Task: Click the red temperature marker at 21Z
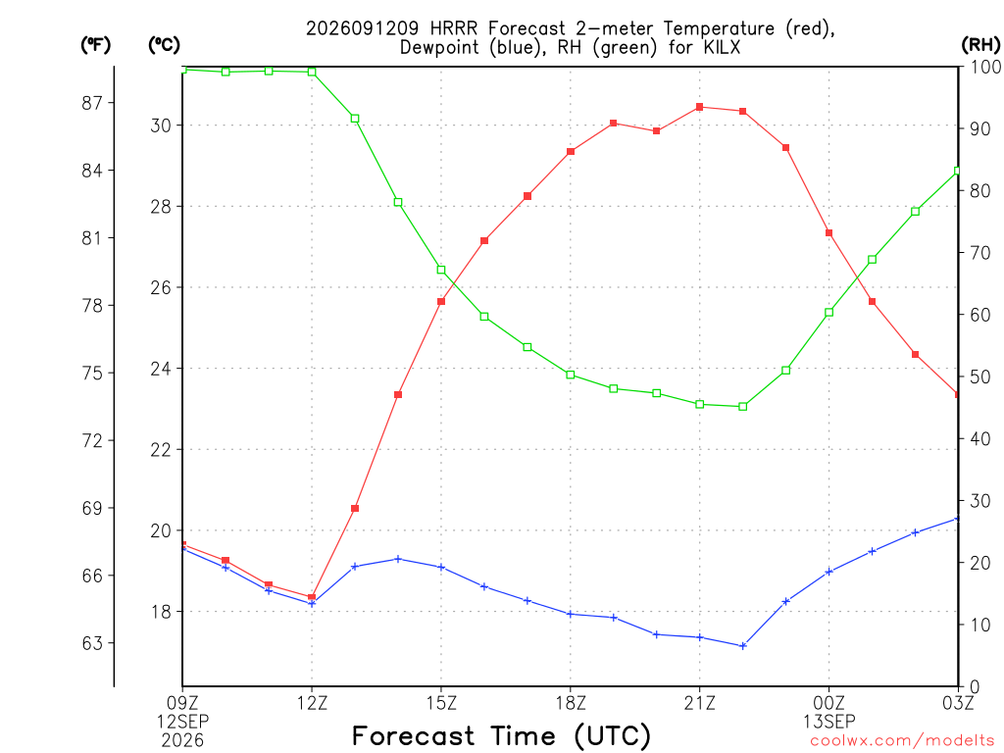coord(700,107)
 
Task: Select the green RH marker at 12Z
coord(312,72)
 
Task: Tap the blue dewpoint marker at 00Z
coord(828,572)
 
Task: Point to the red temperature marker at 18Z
coord(571,152)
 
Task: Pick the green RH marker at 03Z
coord(958,171)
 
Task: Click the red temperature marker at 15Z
coord(441,302)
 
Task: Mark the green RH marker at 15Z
coord(441,271)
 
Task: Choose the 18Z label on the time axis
coord(571,703)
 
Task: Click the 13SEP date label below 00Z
coord(829,722)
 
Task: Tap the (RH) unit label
coord(980,45)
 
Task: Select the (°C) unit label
coord(164,45)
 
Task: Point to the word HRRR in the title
coord(455,28)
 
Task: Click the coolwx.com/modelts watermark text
coord(902,741)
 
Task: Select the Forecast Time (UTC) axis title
coord(501,736)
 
